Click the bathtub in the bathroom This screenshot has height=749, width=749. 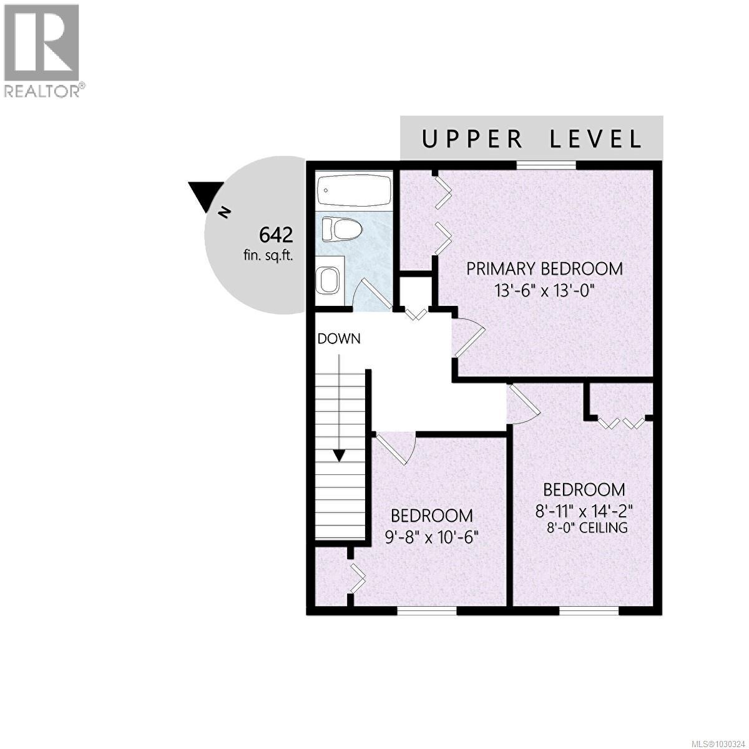click(354, 190)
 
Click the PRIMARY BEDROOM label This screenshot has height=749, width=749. click(544, 269)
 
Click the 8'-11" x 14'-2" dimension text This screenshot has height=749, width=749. click(584, 511)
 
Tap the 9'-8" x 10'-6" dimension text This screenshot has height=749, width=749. click(431, 536)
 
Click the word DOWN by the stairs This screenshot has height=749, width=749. click(339, 339)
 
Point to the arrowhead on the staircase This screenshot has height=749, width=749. click(339, 455)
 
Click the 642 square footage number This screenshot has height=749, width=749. click(276, 235)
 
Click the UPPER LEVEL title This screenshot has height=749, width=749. click(531, 139)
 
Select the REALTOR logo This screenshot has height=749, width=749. click(42, 51)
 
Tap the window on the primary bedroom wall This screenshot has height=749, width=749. click(546, 165)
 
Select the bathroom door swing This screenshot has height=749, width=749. click(372, 292)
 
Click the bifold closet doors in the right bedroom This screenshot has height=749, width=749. click(621, 423)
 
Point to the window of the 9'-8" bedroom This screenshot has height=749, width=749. click(427, 611)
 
